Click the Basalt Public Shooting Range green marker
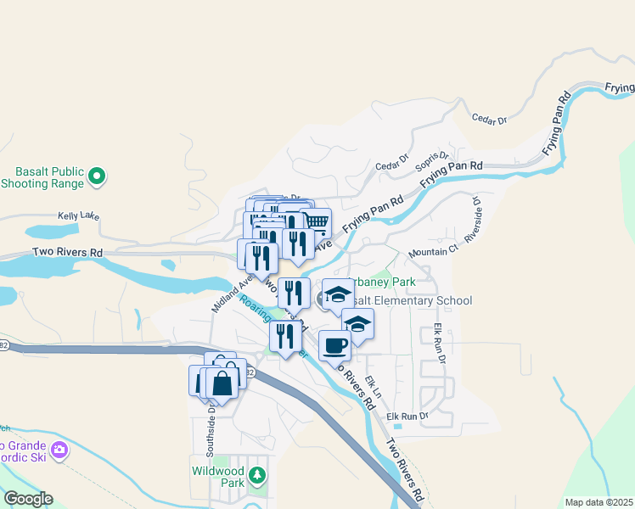tap(97, 176)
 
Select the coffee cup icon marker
tap(334, 345)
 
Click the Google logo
tap(27, 499)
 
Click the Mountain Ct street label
tap(433, 252)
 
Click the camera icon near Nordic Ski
tap(59, 450)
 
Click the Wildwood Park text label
tap(217, 476)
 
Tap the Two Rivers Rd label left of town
tap(67, 253)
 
